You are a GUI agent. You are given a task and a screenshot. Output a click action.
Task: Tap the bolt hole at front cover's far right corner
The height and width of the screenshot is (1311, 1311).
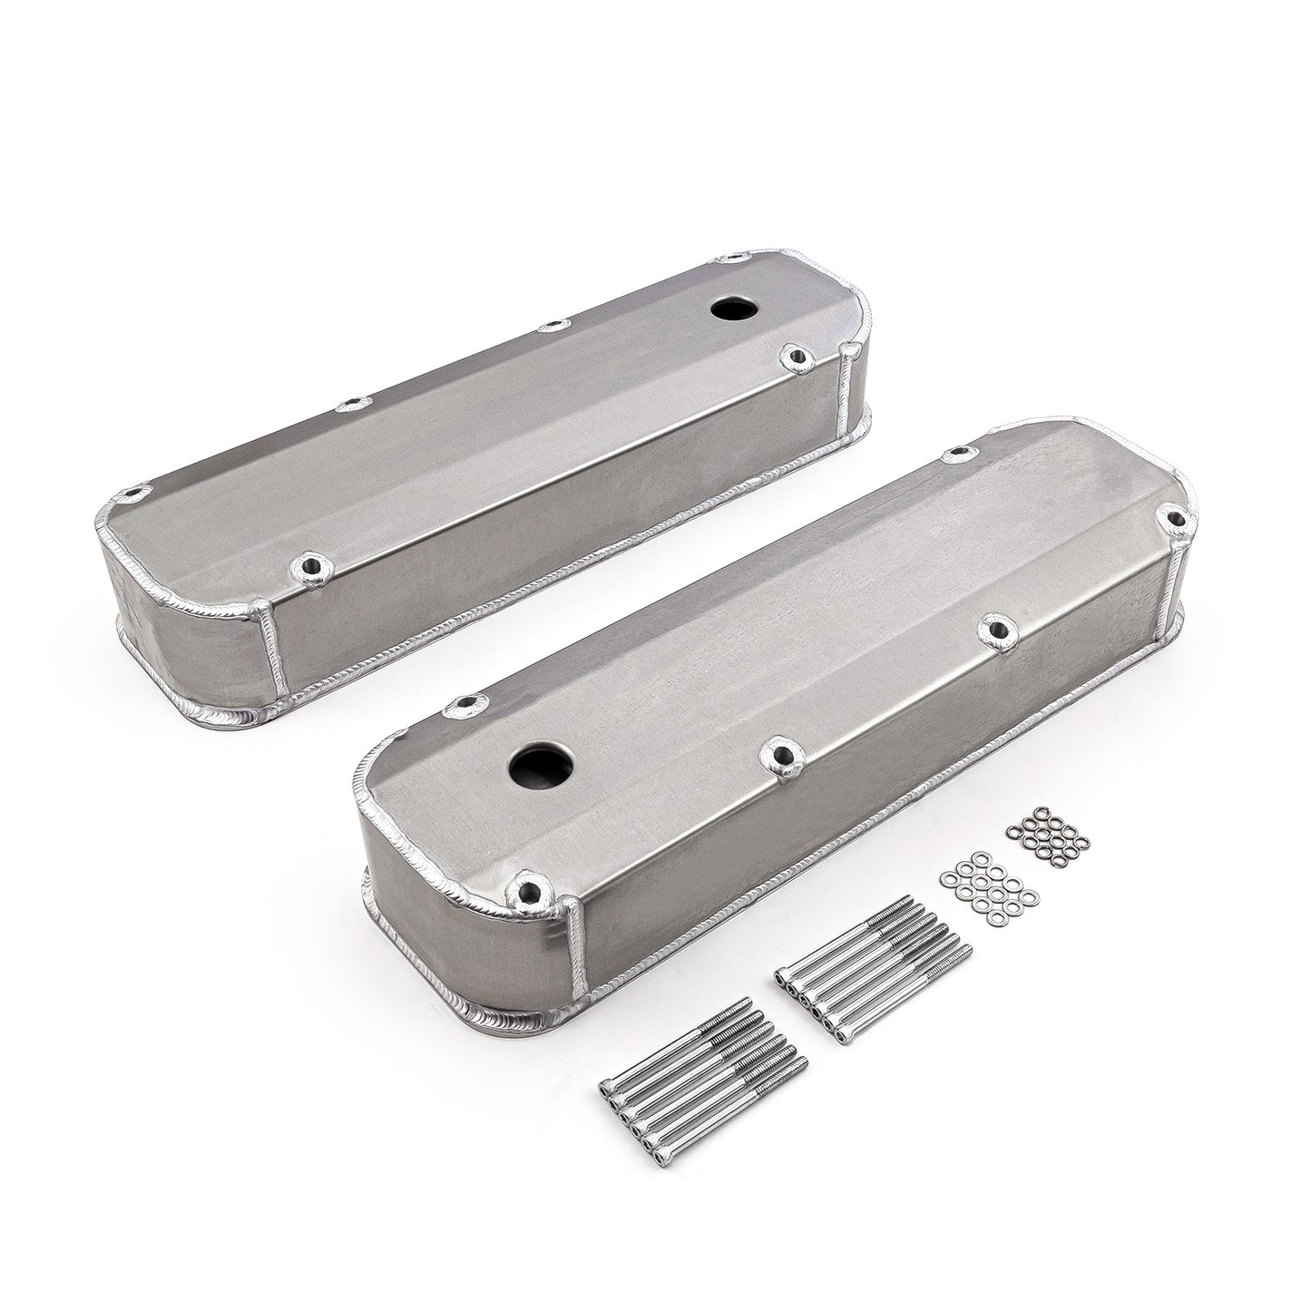pyautogui.click(x=1176, y=518)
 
